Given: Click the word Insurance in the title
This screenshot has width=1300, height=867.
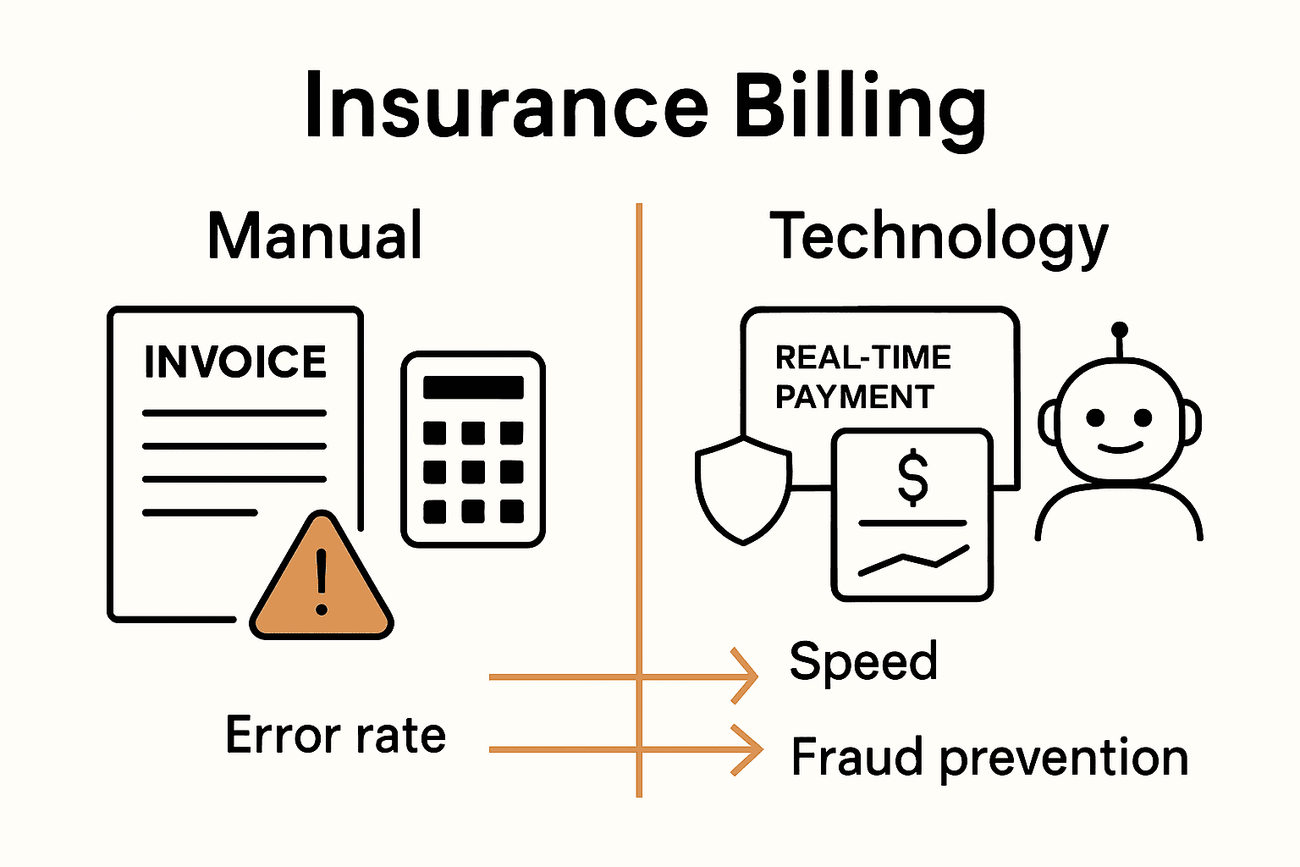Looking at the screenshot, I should (x=505, y=106).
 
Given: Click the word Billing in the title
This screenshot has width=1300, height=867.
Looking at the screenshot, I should (x=858, y=106).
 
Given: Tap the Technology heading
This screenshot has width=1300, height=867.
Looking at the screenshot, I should (x=938, y=237).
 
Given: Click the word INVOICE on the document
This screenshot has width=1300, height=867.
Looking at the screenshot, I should (x=235, y=362).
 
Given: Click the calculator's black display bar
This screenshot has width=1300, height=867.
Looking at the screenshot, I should (x=473, y=387).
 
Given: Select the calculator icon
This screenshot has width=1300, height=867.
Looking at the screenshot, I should (x=473, y=450).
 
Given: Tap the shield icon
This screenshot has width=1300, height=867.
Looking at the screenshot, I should (x=742, y=491).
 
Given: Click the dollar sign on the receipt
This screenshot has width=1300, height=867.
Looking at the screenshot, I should (x=912, y=478).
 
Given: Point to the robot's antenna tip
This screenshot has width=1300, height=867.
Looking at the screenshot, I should (x=1120, y=329).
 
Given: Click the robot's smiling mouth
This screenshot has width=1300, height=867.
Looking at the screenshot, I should (x=1119, y=447).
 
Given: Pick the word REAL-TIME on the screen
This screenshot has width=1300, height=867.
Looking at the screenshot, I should (x=863, y=358).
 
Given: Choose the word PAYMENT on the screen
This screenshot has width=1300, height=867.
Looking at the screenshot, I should (x=854, y=397).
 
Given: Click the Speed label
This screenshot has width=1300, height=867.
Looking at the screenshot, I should (x=863, y=661).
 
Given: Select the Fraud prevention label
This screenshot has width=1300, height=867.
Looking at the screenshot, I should (x=989, y=757).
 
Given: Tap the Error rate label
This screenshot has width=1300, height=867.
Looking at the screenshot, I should (x=335, y=735).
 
